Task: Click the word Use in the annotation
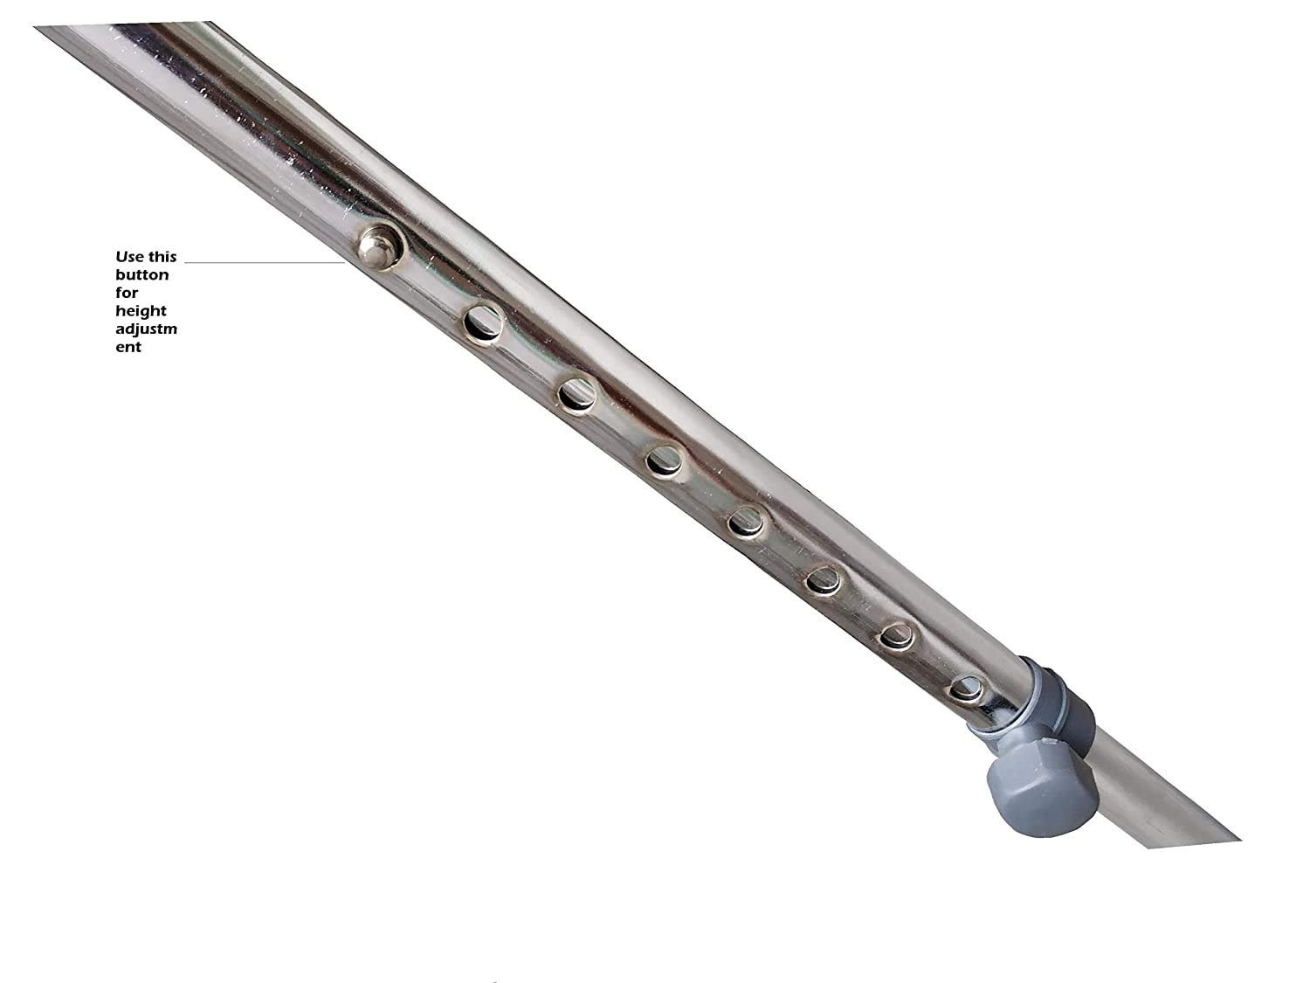[x=129, y=257]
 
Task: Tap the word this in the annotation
[x=162, y=257]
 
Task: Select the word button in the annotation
[x=142, y=275]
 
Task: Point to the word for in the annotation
[x=127, y=293]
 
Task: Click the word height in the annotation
[x=141, y=312]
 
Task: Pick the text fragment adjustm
[x=146, y=329]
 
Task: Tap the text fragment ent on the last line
[x=128, y=348]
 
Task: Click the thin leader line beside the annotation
[x=265, y=262]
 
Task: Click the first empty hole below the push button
[x=483, y=325]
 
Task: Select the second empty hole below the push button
[x=577, y=396]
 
